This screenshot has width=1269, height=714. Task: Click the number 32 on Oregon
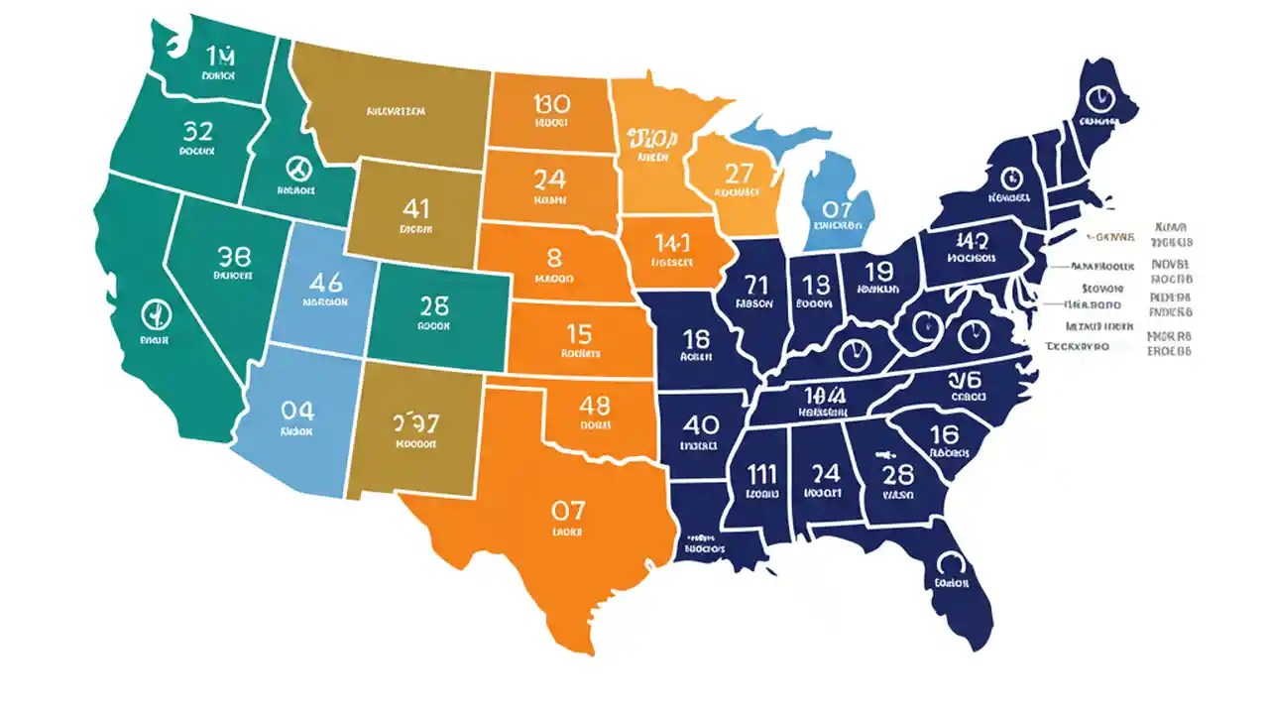(197, 129)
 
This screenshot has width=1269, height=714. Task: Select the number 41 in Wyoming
(416, 208)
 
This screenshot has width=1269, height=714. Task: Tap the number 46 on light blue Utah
(325, 280)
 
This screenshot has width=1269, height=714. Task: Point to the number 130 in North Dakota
(551, 104)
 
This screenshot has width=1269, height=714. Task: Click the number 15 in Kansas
(579, 332)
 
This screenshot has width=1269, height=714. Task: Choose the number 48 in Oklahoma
(593, 405)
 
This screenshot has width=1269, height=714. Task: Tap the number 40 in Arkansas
(701, 424)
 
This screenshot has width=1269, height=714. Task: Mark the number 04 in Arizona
(296, 410)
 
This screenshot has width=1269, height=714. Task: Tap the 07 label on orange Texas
(568, 511)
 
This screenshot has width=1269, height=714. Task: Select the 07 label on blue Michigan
(837, 209)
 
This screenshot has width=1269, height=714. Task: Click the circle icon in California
(152, 315)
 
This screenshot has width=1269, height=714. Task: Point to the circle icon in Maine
(1096, 98)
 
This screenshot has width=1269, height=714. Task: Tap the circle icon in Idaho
(295, 167)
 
